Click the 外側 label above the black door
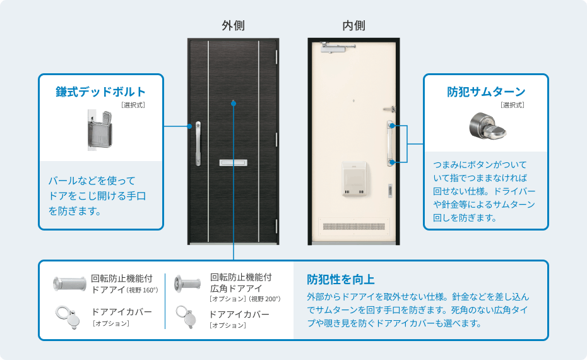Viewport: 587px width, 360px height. point(234,25)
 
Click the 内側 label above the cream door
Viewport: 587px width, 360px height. point(353,25)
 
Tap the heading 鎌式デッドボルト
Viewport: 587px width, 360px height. point(101,92)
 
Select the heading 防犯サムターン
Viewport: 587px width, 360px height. point(486,92)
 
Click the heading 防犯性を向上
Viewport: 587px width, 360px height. point(341,279)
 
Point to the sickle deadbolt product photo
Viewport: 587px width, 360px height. point(100,129)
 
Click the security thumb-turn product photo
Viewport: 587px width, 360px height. point(487,126)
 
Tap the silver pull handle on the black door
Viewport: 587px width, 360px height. point(198,143)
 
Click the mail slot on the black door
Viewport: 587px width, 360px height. point(234,162)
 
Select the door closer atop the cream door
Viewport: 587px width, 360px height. point(338,47)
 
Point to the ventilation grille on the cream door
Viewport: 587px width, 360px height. point(353,227)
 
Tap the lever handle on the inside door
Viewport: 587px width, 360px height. point(389,109)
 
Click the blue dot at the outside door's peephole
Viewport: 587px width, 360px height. point(234,103)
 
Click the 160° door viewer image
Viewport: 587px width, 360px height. point(69,284)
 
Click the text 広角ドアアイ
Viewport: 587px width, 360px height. point(236,289)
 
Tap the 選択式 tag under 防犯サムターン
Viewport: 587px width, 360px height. point(512,105)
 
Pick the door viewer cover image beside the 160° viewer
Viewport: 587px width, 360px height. point(68,317)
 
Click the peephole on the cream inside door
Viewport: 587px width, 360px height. point(353,101)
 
